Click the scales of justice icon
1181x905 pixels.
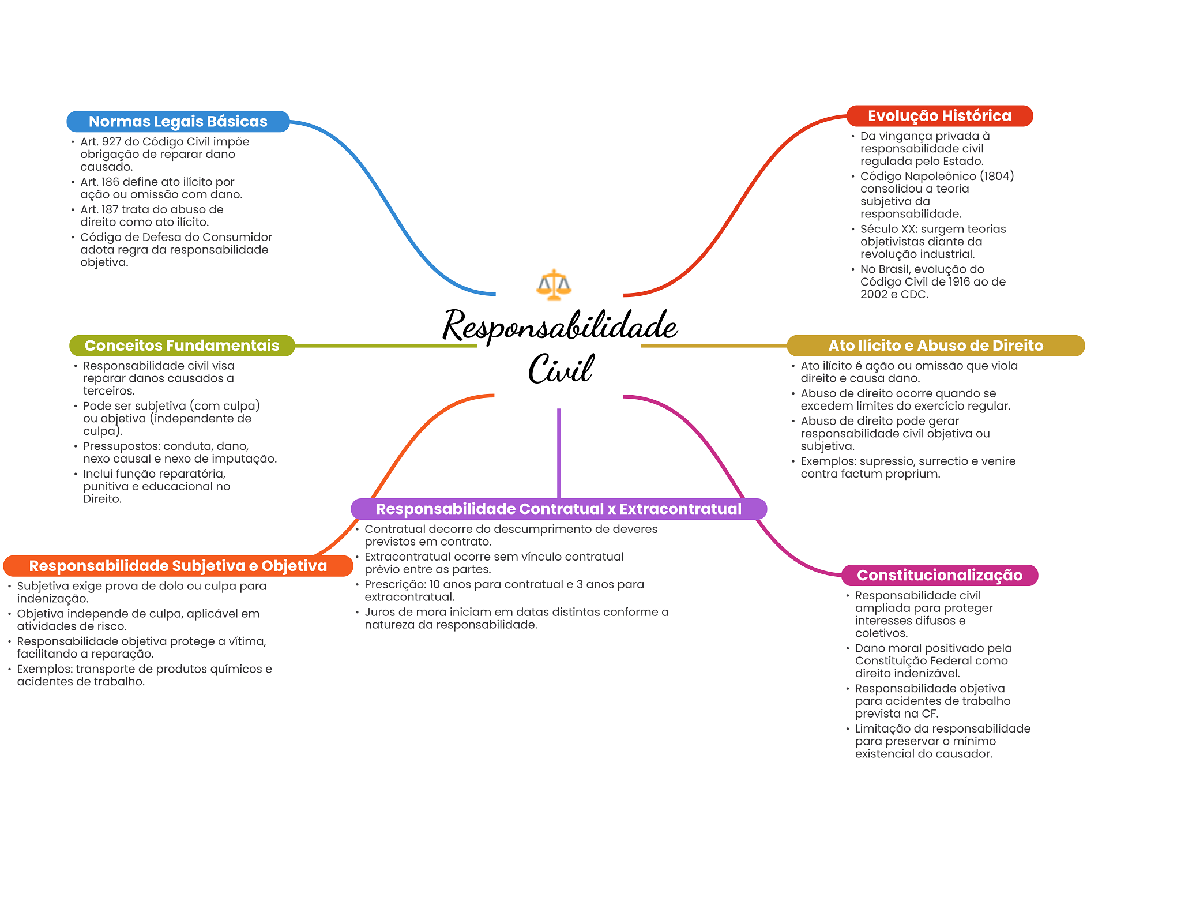pos(554,285)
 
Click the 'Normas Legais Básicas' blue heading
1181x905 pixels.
pos(178,122)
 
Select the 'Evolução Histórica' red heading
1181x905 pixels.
pos(939,116)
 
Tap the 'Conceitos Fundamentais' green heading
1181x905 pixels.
pos(182,346)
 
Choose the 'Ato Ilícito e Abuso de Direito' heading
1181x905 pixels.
pos(935,346)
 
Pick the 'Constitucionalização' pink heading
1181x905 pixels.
pos(939,575)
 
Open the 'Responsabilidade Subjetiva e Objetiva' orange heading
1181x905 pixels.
pos(178,566)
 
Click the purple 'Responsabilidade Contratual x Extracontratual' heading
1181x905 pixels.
pos(559,509)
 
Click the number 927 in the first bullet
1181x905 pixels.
pos(111,142)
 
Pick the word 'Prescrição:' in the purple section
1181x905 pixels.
pos(395,585)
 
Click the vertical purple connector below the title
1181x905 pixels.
pos(559,453)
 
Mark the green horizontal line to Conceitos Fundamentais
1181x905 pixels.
pos(386,346)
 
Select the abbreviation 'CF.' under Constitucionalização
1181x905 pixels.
pos(930,714)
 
